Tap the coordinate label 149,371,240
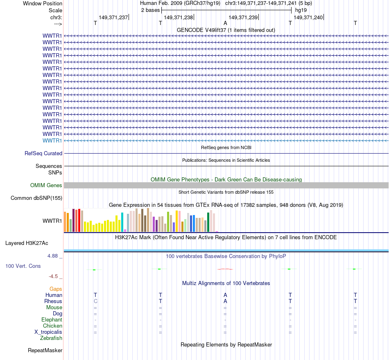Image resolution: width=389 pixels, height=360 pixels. pos(308,17)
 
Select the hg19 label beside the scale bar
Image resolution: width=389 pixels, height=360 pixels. pos(301,9)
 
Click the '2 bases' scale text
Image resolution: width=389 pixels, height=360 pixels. pos(151,9)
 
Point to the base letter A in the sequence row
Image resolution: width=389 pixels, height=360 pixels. pos(225,23)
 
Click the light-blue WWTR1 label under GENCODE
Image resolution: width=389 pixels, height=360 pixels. pos(52,140)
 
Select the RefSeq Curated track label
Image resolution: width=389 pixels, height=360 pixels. pos(43,154)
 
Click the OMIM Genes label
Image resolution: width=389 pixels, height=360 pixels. pos(46,186)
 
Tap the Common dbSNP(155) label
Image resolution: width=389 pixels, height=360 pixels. pos(37,198)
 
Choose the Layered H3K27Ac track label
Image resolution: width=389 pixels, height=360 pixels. pos(27,243)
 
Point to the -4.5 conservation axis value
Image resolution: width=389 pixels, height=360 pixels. pos(54,276)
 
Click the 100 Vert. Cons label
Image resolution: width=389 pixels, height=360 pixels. pos(23,266)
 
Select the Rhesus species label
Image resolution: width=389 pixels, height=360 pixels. pos(53,301)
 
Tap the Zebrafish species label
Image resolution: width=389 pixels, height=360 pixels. pos(51,338)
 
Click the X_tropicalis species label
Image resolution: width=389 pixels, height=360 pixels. pos(48,332)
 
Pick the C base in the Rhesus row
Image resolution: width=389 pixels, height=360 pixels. pos(95,301)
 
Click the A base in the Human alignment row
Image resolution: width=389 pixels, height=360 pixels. pos(225,295)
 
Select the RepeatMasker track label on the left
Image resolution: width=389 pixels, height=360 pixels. pos(45,351)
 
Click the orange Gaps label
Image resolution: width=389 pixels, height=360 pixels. pos(56,289)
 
